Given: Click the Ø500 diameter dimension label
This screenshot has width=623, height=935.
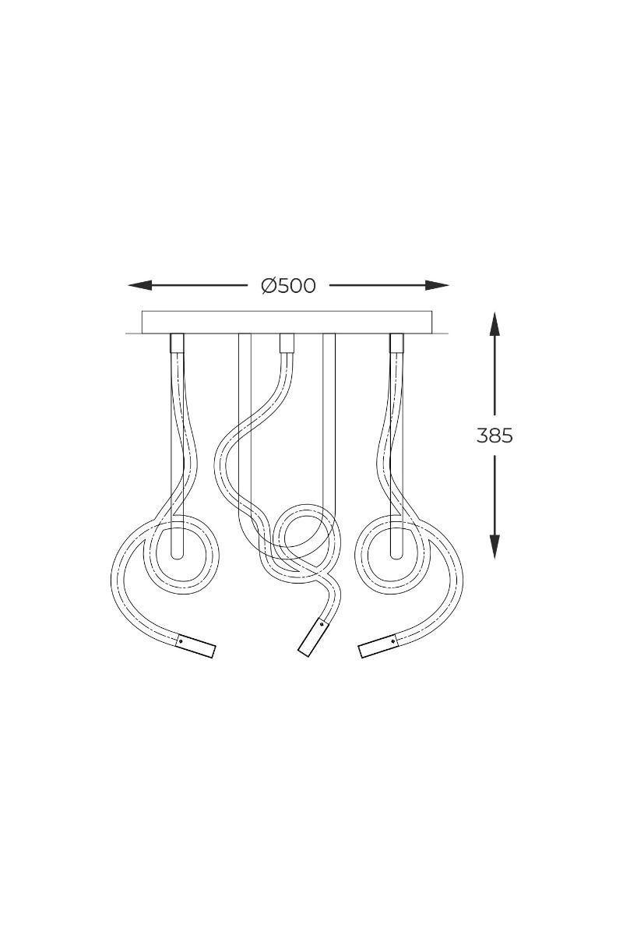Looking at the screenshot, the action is tap(288, 286).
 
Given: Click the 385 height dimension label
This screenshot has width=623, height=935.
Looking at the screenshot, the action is tap(495, 436).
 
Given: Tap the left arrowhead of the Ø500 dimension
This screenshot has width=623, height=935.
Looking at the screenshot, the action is tap(139, 285).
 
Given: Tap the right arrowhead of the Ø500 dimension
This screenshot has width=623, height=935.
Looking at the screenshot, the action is tap(438, 285).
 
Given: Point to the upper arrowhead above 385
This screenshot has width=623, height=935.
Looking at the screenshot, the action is tap(495, 324).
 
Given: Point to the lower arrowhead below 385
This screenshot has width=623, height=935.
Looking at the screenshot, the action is tap(495, 547).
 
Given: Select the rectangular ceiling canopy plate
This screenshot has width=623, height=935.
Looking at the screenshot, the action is tap(287, 323).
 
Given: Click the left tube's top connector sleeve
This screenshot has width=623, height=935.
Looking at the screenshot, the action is tap(177, 343).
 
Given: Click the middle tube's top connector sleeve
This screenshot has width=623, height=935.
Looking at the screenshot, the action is tap(287, 343).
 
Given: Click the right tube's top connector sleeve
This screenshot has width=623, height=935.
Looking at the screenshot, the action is tap(396, 343).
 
